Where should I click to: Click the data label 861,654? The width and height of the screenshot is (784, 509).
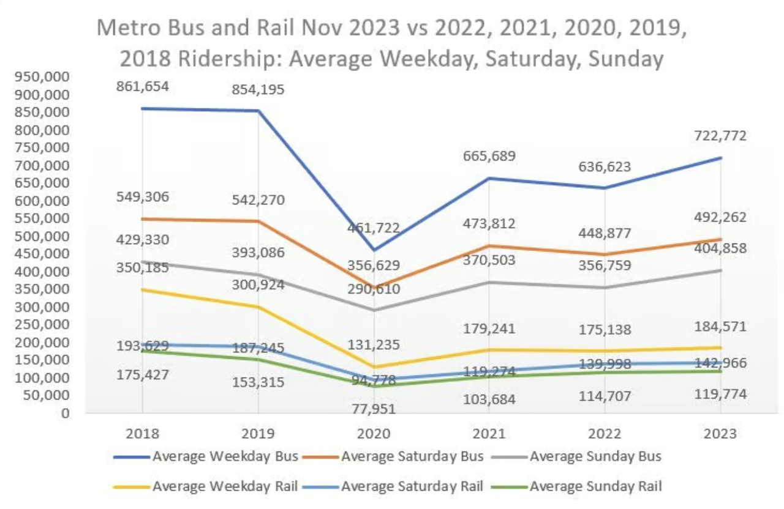[x=142, y=86]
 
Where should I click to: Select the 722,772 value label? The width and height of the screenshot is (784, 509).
[x=720, y=136]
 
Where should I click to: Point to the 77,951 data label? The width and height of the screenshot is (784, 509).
[x=374, y=409]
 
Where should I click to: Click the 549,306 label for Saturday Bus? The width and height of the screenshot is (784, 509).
[x=142, y=197]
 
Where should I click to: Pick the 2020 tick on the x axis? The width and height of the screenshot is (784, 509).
[x=374, y=434]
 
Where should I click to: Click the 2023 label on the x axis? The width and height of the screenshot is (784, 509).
[x=720, y=434]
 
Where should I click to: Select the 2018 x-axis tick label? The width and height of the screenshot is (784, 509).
[x=142, y=434]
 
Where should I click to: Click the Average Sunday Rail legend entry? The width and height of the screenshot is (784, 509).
[x=595, y=487]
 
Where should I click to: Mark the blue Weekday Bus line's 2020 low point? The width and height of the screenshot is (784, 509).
[x=374, y=250]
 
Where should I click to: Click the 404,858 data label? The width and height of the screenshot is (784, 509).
[x=720, y=248]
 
